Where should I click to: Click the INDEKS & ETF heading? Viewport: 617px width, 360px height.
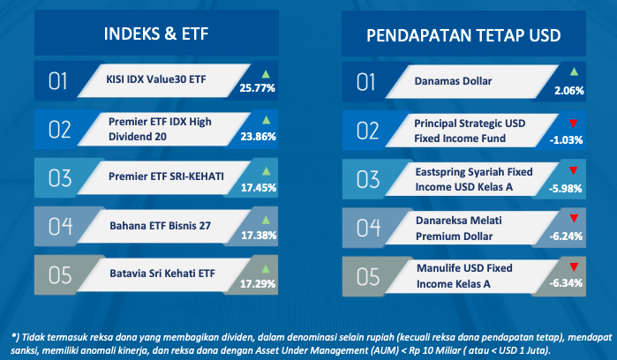(x=156, y=34)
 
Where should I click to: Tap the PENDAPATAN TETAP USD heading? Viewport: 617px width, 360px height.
(x=463, y=35)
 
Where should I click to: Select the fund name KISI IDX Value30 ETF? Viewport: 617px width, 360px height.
(x=156, y=79)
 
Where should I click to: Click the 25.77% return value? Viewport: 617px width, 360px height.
(x=258, y=87)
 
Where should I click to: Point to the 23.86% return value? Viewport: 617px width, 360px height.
(x=258, y=137)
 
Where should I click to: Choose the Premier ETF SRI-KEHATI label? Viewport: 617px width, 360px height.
(x=166, y=176)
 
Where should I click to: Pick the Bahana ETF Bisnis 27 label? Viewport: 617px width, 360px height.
(x=160, y=226)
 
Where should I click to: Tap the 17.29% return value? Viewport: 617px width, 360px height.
(x=258, y=283)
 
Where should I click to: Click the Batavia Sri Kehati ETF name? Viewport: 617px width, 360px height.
(x=162, y=274)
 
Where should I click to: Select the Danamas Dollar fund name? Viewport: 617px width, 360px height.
(x=453, y=81)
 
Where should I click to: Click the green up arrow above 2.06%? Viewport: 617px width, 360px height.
(x=574, y=71)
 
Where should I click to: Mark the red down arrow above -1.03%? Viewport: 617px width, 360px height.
(x=574, y=124)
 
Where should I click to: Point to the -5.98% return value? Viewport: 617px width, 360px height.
(x=566, y=189)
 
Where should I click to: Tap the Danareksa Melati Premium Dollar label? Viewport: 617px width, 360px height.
(x=459, y=229)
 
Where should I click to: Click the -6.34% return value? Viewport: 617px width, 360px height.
(x=566, y=283)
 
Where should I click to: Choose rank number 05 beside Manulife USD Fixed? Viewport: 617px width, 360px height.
(x=368, y=276)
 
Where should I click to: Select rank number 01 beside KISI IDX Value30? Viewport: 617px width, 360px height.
(x=57, y=81)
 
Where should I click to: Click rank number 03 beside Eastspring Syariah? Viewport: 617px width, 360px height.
(x=368, y=179)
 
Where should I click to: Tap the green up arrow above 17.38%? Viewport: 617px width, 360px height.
(x=266, y=220)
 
